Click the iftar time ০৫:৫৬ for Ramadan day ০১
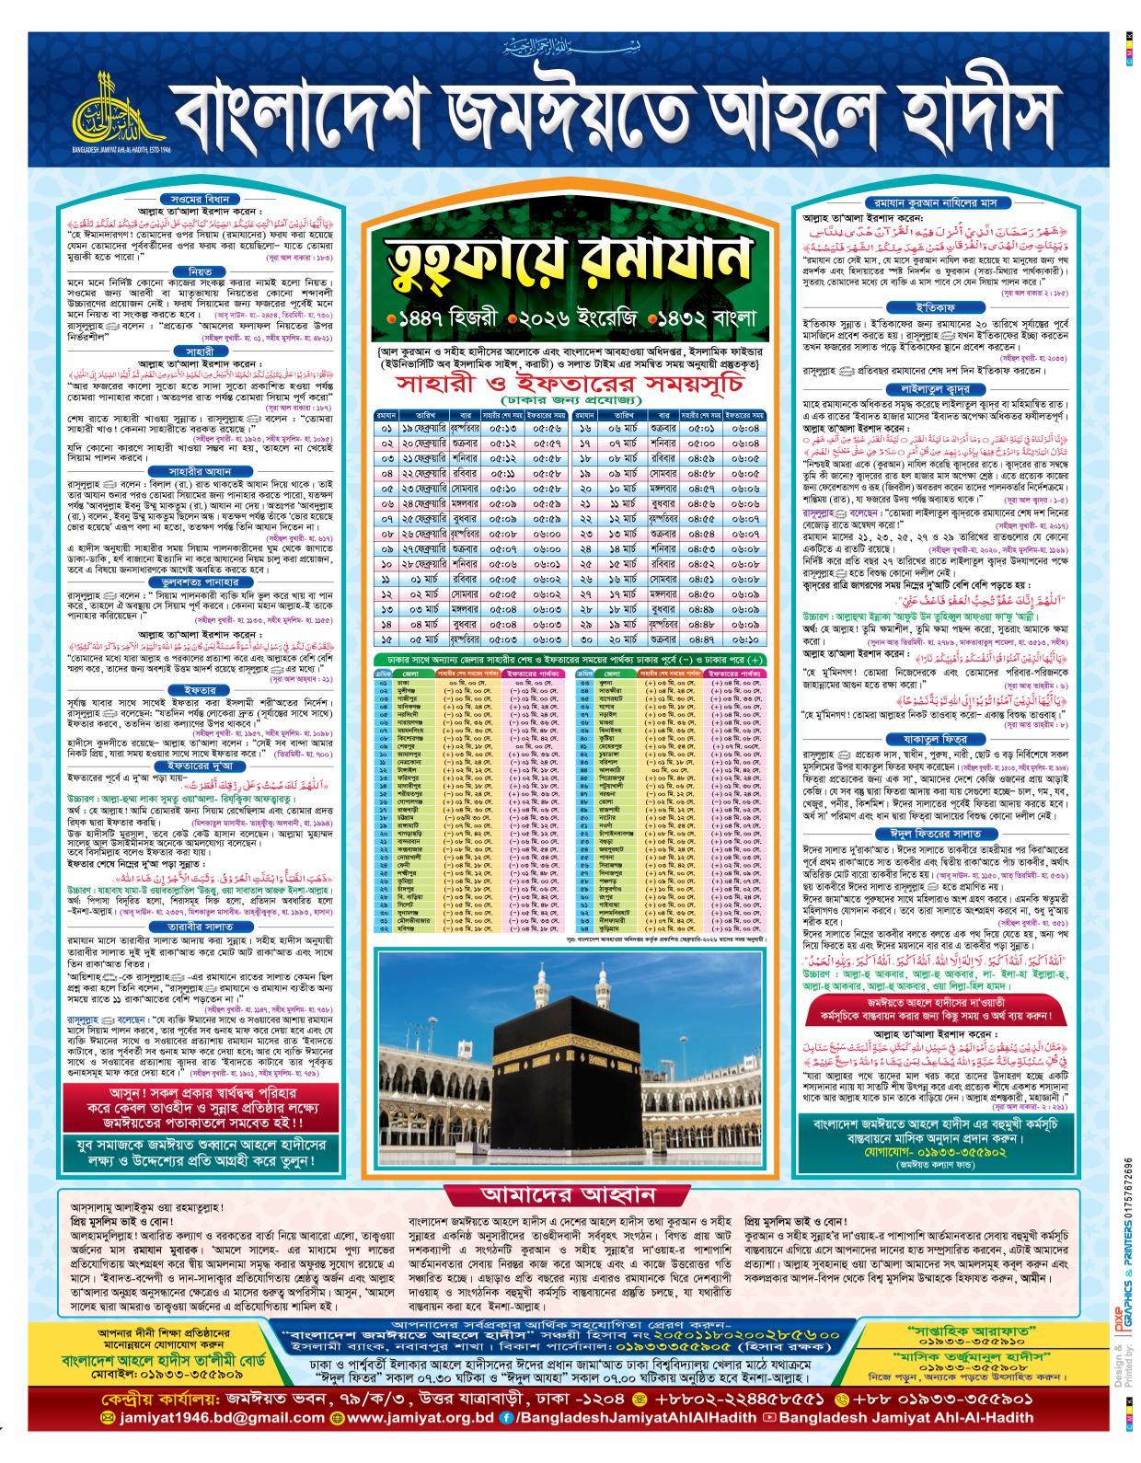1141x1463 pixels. click(546, 428)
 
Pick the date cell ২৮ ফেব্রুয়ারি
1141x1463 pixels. click(426, 565)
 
